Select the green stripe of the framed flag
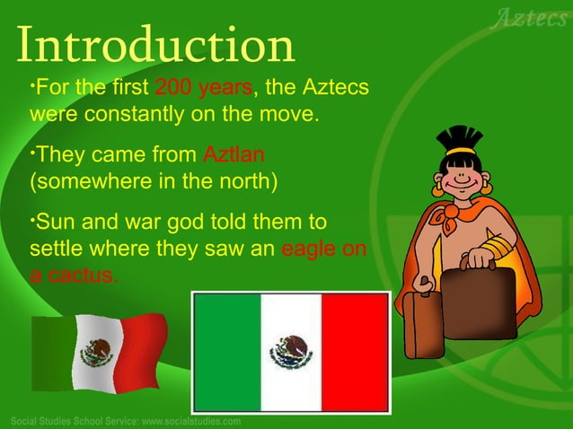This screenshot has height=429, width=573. coord(226,353)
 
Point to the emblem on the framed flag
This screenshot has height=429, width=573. coord(290,353)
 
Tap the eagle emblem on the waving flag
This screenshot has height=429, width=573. coord(98,351)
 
